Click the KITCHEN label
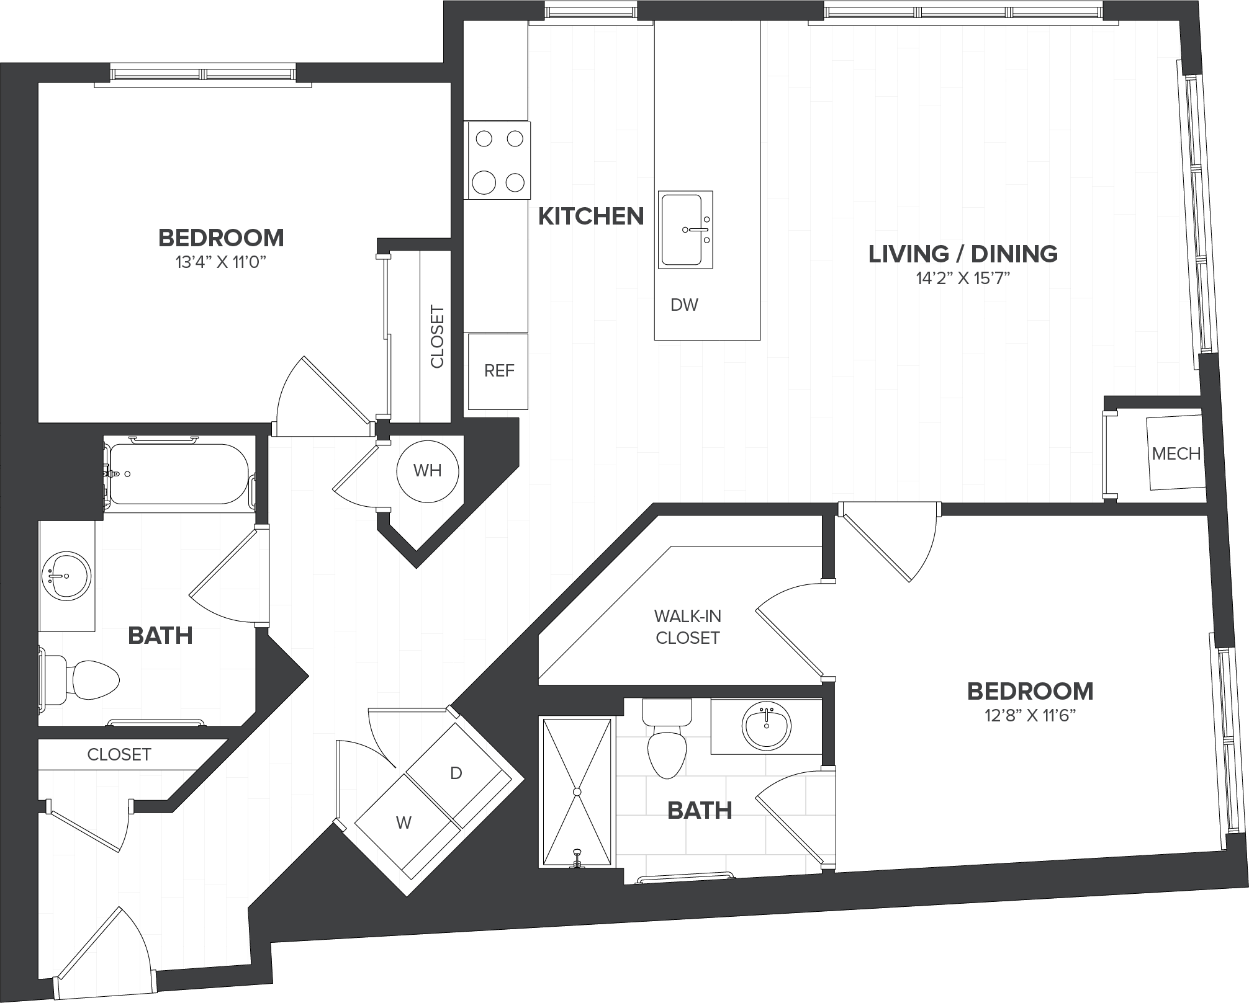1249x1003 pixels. [590, 216]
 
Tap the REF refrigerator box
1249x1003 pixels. [498, 371]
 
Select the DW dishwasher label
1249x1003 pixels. [684, 305]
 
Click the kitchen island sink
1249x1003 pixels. [685, 230]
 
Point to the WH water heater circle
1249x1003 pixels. [428, 471]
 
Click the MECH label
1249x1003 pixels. [1176, 453]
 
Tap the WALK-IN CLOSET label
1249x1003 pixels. [687, 627]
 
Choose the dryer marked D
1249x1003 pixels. [456, 773]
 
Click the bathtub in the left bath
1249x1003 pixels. [179, 474]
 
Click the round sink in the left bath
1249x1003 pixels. [66, 577]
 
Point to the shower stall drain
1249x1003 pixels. [577, 791]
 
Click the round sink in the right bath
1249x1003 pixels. [767, 726]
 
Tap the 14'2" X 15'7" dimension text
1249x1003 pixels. [963, 279]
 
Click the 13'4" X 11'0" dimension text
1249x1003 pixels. [221, 262]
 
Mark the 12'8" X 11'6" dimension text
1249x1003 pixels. [1030, 716]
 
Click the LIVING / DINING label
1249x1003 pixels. [963, 254]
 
